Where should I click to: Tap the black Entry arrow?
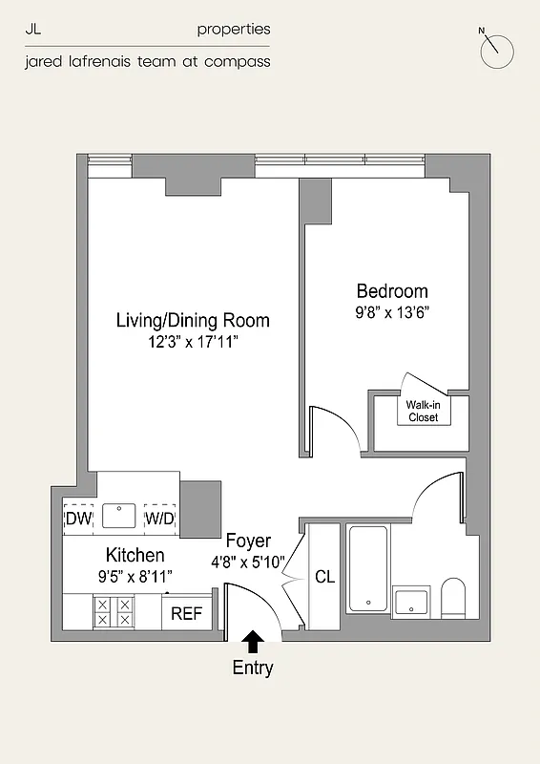point(253,641)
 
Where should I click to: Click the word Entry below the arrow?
point(253,668)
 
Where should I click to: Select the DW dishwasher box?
point(78,519)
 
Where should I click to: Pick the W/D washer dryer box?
point(159,519)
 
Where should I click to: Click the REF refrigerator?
point(186,613)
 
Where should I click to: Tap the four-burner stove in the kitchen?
point(114,611)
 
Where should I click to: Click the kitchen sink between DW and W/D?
point(119,516)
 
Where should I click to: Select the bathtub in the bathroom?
point(366,568)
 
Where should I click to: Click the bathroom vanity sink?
point(412,602)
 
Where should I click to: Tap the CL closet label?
point(324,578)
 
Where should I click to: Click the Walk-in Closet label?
point(423,411)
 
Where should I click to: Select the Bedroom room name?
point(392,291)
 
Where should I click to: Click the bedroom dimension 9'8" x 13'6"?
point(392,311)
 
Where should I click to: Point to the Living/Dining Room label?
point(193,320)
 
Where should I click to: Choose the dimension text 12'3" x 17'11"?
point(193,341)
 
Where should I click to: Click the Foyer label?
point(248,541)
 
